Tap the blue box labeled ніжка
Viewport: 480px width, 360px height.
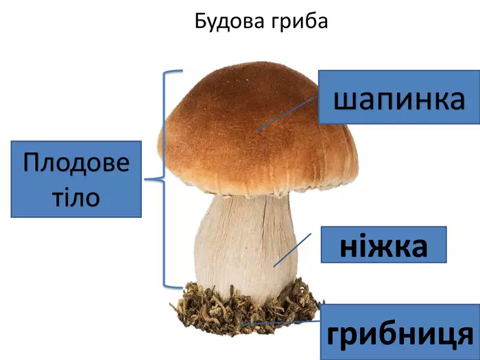[x=384, y=245]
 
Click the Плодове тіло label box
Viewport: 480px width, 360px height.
[x=76, y=180]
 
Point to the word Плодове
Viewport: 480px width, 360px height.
[x=76, y=164]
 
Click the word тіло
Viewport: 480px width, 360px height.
[x=76, y=197]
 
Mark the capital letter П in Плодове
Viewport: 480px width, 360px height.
[x=32, y=164]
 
